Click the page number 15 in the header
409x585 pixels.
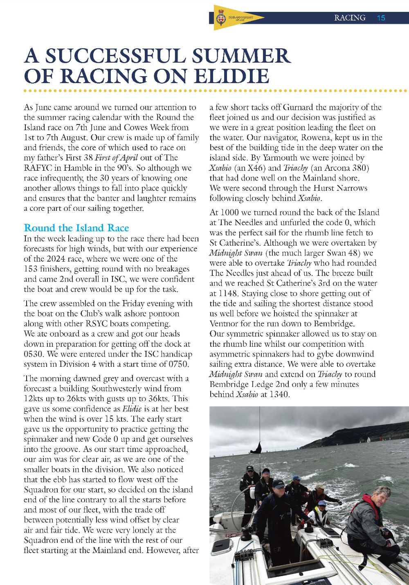coord(381,18)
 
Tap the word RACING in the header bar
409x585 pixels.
coord(350,18)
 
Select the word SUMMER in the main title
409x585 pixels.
coord(241,56)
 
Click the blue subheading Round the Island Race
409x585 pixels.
coord(76,228)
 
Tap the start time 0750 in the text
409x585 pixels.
coord(178,364)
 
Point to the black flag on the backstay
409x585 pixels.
coord(256,447)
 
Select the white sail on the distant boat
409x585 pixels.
coord(368,440)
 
